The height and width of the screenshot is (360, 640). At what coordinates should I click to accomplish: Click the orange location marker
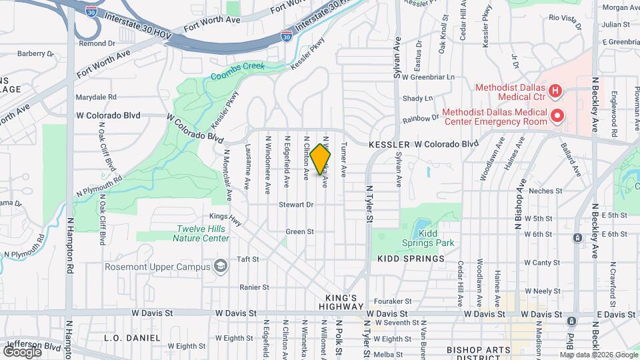(321, 159)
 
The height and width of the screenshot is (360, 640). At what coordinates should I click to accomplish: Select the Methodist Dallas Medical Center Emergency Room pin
(557, 117)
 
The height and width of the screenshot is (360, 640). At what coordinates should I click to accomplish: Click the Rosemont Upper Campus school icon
(219, 267)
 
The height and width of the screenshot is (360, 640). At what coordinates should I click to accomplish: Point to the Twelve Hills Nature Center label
(202, 233)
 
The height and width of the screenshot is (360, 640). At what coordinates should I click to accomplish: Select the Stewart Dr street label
(296, 205)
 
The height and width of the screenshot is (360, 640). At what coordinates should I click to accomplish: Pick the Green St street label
(299, 232)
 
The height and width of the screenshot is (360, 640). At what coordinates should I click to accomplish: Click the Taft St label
(247, 259)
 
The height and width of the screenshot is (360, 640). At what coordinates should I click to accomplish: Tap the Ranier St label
(254, 287)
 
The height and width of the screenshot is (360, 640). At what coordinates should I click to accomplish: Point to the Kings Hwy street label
(225, 216)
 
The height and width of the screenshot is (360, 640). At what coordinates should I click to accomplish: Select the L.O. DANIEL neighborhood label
(132, 338)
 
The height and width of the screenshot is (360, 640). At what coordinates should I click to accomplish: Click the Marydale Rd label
(96, 97)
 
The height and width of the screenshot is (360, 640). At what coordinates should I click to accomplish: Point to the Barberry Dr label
(35, 53)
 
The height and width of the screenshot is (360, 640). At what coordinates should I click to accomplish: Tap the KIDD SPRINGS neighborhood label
(411, 259)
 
